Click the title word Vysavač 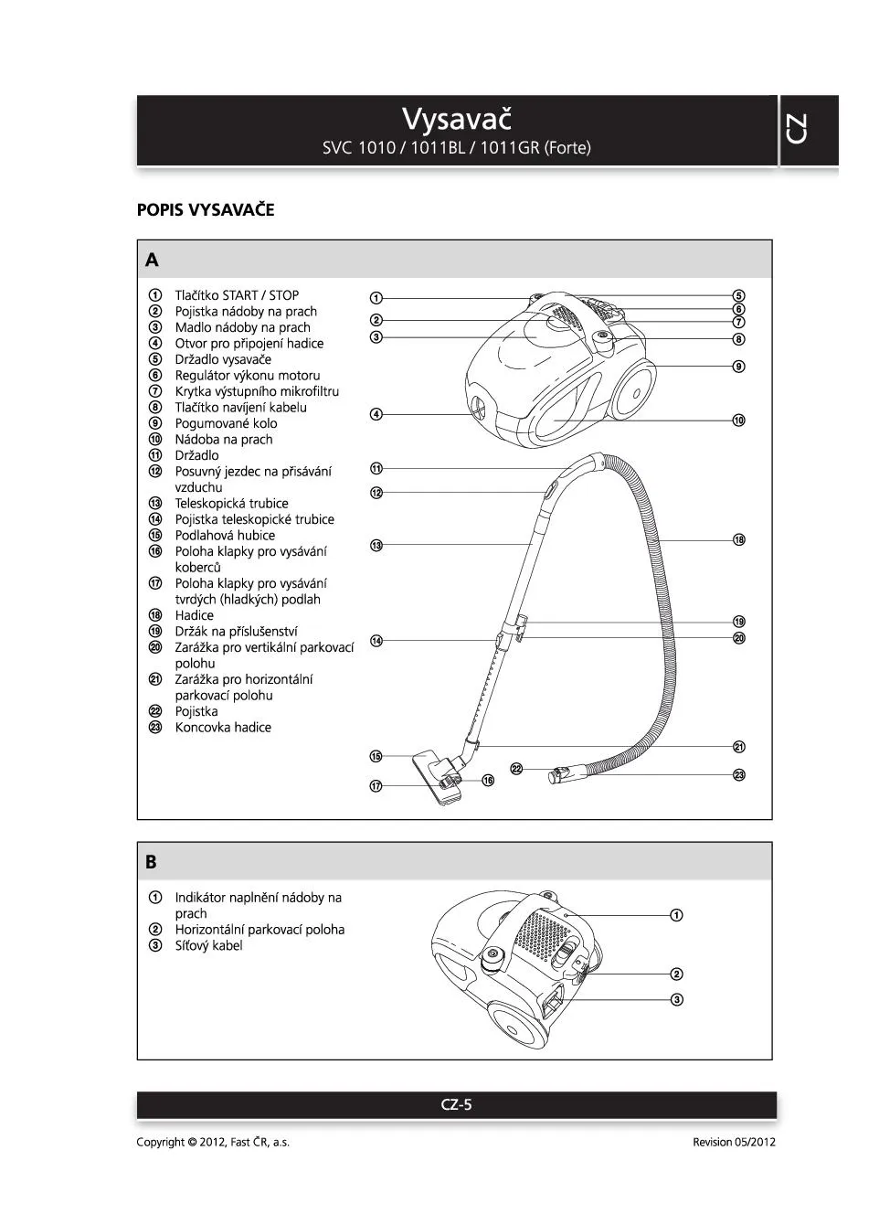[x=457, y=119]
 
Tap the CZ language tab [x=796, y=129]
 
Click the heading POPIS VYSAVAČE [x=206, y=210]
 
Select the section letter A [x=152, y=260]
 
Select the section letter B [x=151, y=862]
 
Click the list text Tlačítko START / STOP [x=237, y=295]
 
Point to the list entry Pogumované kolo [x=226, y=423]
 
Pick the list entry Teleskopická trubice [x=231, y=504]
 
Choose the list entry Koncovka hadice [x=223, y=728]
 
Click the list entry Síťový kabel [x=208, y=946]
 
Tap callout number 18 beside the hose [x=739, y=540]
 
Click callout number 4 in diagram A [x=376, y=414]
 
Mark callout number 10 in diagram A [x=739, y=421]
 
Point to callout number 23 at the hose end [x=739, y=775]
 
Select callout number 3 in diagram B [x=677, y=999]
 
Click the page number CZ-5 [x=457, y=1104]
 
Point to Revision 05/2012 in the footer [x=734, y=1142]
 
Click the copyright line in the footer [x=213, y=1142]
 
